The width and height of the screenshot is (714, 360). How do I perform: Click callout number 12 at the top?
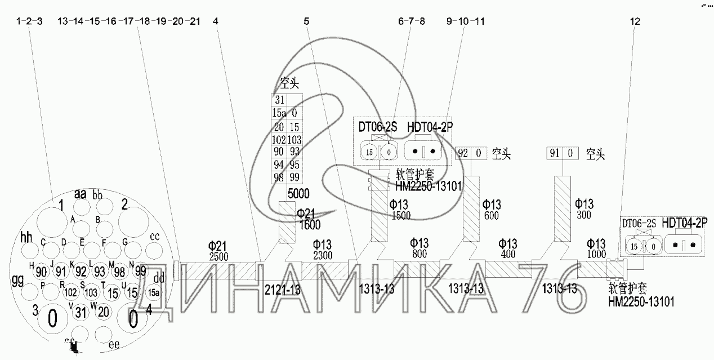pos(636,21)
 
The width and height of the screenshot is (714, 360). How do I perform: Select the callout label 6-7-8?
pos(411,21)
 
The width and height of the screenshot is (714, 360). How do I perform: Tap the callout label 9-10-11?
pos(465,21)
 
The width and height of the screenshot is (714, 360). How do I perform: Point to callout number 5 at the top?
pos(306,21)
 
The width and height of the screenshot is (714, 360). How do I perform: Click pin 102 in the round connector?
pos(70,292)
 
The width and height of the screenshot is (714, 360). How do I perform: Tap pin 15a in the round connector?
pos(153,292)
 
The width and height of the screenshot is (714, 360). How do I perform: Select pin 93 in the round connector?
pos(100,272)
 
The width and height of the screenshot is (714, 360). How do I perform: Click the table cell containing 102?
pos(279,140)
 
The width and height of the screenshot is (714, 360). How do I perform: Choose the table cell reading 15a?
pos(279,113)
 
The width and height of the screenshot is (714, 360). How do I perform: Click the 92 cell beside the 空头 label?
pos(463,153)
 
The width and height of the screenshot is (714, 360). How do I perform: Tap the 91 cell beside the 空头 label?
pos(555,153)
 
